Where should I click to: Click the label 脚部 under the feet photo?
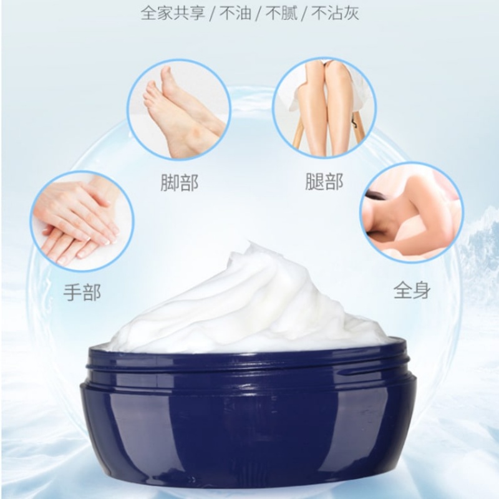[x=180, y=183]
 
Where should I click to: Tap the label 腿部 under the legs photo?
[x=324, y=182]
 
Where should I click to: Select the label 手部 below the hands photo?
[x=82, y=292]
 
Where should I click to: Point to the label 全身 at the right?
[x=412, y=289]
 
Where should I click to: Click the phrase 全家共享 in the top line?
[x=173, y=14]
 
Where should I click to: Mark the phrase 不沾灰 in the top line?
[x=335, y=14]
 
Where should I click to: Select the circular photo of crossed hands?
[x=82, y=221]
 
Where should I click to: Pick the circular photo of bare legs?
[x=324, y=108]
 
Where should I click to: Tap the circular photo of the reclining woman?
[x=412, y=212]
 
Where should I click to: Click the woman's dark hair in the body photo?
[x=377, y=196]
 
